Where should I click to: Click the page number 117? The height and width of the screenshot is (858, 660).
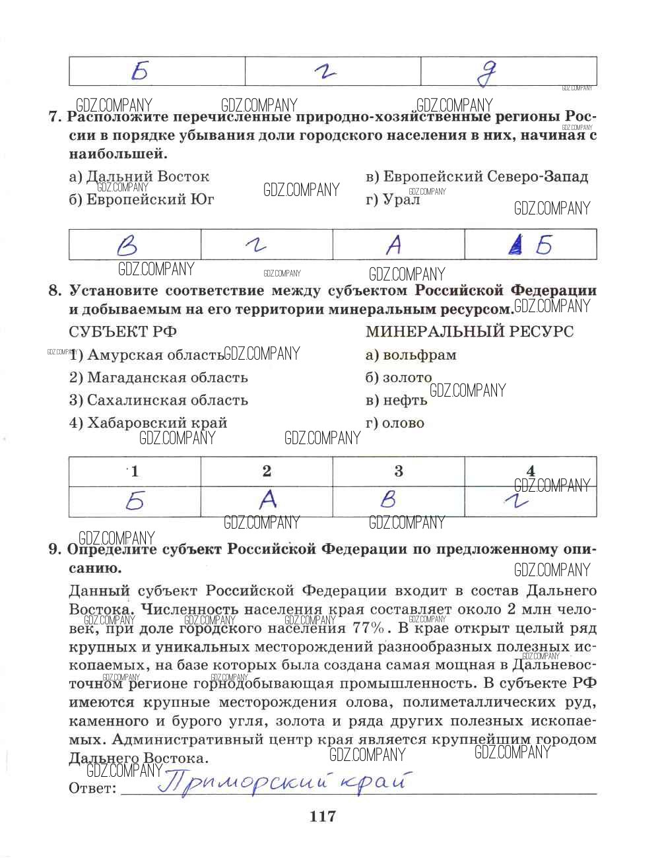coord(323,816)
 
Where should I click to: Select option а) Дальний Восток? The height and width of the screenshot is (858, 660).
coord(139,176)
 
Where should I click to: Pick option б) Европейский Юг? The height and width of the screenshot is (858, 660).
coord(142,199)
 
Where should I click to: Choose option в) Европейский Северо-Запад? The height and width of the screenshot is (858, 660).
coord(477,176)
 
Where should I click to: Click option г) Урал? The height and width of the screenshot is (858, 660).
coord(393,199)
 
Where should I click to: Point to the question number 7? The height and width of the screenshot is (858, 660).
coord(55,117)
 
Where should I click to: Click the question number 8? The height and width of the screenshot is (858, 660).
coord(55,290)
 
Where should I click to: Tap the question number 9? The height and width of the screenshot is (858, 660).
coord(55,549)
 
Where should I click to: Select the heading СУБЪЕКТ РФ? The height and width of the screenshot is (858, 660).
coord(123,331)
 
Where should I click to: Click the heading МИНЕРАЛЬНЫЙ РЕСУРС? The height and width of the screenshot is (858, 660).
coord(469,331)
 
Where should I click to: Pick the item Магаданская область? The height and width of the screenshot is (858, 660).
coord(159,378)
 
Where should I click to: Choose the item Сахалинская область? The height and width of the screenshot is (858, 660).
coord(159,400)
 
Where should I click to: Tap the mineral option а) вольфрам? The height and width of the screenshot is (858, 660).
coord(411,355)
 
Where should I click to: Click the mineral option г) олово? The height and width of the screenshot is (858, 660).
coord(395,423)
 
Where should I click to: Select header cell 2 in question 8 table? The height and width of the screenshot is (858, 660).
coord(267,471)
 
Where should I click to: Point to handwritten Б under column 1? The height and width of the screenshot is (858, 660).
coord(135,502)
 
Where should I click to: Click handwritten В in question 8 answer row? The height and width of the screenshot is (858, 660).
coord(388,500)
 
